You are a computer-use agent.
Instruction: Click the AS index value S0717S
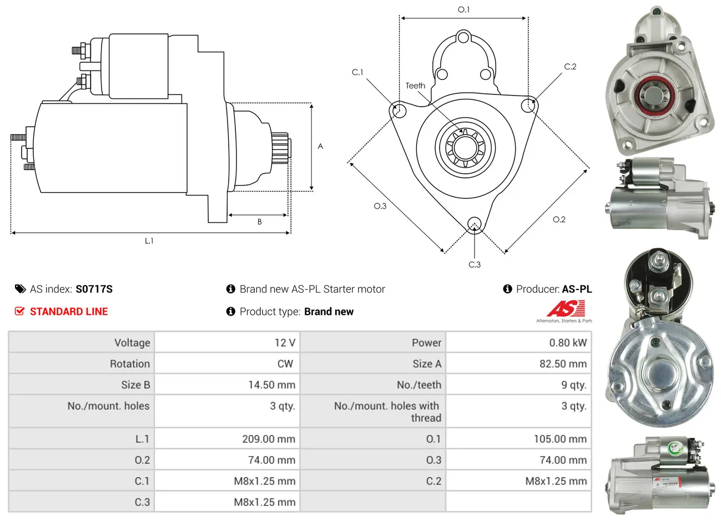click(94, 289)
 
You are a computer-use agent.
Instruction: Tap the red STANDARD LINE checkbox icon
click(19, 311)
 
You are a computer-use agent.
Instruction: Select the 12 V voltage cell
click(285, 342)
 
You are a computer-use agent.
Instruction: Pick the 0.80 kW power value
click(568, 342)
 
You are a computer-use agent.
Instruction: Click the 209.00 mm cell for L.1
click(269, 439)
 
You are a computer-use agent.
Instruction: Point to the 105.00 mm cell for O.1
click(560, 439)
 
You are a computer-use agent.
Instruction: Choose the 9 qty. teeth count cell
click(574, 384)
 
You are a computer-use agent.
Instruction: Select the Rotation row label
click(130, 364)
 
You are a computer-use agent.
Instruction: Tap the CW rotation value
click(285, 364)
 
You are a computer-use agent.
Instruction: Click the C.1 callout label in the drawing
click(357, 72)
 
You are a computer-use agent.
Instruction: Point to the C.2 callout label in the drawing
click(570, 67)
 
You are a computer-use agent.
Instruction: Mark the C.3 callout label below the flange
click(475, 264)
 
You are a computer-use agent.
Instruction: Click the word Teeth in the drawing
click(415, 86)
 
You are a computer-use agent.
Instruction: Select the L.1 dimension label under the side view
click(149, 241)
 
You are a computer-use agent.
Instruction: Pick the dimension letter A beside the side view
click(320, 146)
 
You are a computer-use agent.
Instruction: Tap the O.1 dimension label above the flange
click(463, 9)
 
